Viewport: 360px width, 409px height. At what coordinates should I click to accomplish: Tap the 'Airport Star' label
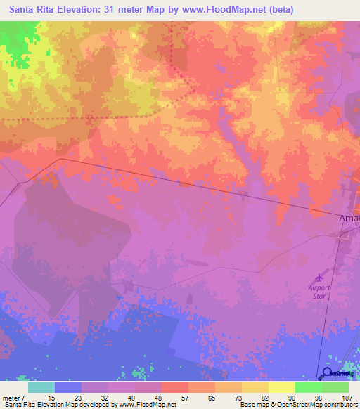320,291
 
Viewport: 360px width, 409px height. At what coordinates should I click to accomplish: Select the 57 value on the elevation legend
166,397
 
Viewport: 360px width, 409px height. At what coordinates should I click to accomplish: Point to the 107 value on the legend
340,397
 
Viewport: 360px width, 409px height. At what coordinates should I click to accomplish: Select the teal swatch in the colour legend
41,387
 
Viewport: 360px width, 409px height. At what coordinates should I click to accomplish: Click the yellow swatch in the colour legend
282,387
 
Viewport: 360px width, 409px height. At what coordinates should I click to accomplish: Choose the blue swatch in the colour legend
68,387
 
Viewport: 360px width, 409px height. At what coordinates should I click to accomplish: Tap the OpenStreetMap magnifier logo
328,375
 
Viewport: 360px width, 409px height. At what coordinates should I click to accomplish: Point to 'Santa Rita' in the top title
34,10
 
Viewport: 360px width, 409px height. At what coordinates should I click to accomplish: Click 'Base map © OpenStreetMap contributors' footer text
297,405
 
